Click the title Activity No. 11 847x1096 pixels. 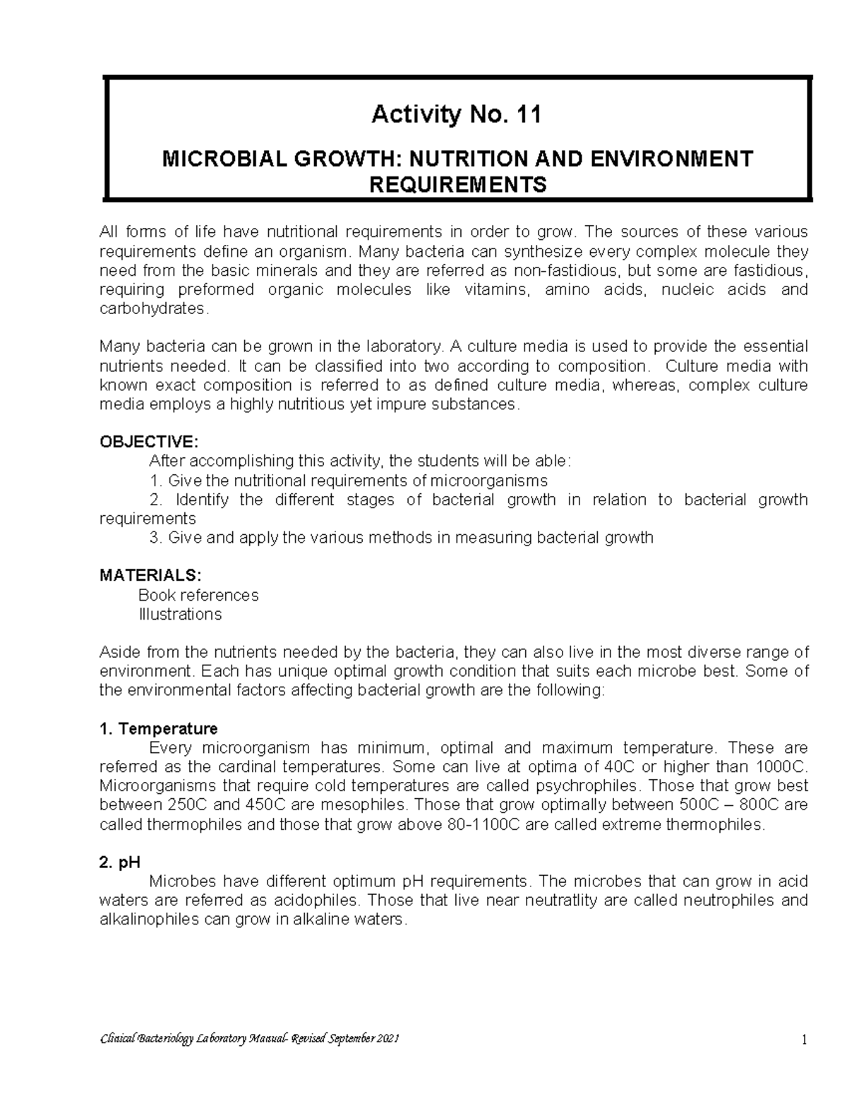click(x=457, y=114)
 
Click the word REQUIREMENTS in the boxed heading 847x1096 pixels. click(x=458, y=185)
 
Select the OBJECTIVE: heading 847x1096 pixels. click(x=149, y=442)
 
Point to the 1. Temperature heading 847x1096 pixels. click(x=159, y=728)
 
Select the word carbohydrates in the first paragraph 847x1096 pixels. click(x=153, y=309)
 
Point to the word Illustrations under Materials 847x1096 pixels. click(x=180, y=614)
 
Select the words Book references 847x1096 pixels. click(x=198, y=595)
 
